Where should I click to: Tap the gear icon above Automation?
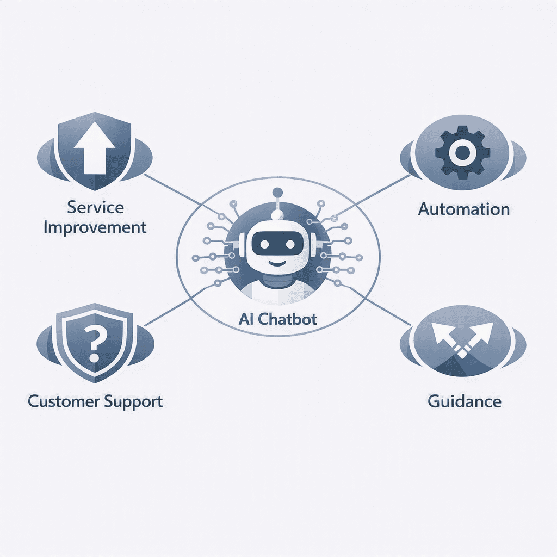coord(462,152)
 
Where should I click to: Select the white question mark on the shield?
coord(94,344)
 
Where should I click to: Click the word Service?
coord(95,207)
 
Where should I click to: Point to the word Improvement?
coord(95,228)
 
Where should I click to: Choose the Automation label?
coord(464,209)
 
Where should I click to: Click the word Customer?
coord(63,401)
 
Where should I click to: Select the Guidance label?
coord(465,401)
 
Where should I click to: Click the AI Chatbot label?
coord(277,319)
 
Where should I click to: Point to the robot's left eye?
coord(264,244)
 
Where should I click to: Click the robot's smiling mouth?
coord(277,263)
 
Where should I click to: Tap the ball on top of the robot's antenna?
coord(277,193)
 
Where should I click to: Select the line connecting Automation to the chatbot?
coord(372,195)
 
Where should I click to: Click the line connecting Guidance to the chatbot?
coord(374,304)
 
